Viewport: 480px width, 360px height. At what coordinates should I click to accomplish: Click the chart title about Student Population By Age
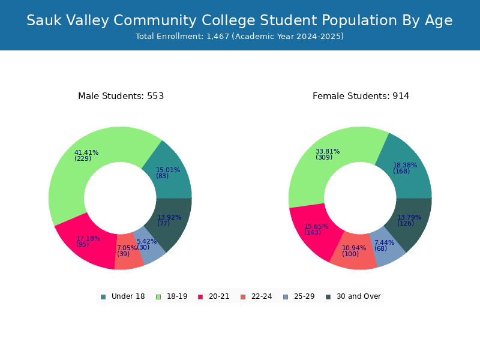(239, 20)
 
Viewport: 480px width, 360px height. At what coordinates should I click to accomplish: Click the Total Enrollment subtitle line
(239, 37)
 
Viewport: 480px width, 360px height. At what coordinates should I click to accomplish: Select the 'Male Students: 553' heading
(121, 96)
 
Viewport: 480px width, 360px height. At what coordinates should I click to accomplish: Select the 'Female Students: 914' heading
(361, 96)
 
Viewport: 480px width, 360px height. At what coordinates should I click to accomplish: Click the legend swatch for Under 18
(103, 297)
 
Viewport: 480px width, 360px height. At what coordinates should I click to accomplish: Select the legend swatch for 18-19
(158, 297)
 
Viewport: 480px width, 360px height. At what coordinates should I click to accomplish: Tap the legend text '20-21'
(219, 296)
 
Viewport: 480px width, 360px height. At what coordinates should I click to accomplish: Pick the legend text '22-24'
(262, 296)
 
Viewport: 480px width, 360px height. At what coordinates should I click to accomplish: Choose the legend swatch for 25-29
(286, 297)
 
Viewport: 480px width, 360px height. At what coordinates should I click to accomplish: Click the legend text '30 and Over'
(359, 296)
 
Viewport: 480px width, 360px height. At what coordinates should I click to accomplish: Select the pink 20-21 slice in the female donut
(316, 233)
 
